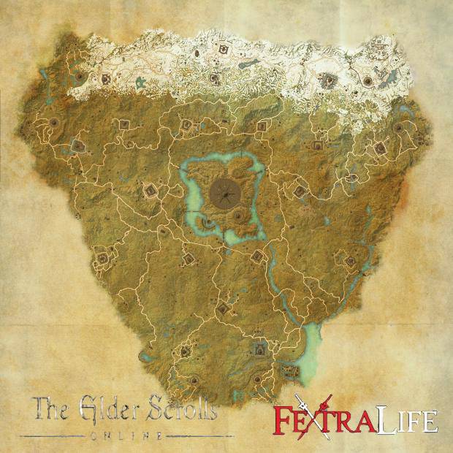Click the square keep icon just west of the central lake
point(151,191)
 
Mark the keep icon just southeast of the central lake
point(257,256)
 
